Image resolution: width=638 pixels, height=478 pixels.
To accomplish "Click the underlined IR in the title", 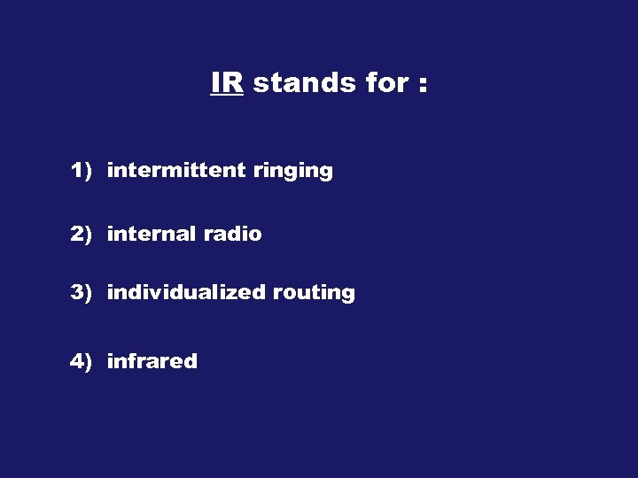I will pyautogui.click(x=227, y=82).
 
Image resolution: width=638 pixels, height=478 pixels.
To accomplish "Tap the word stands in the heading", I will pyautogui.click(x=303, y=82).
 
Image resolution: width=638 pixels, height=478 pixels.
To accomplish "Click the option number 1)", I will pyautogui.click(x=82, y=171).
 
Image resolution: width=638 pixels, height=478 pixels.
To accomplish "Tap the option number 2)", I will pyautogui.click(x=82, y=234).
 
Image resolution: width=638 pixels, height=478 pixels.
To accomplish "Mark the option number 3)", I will pyautogui.click(x=82, y=292).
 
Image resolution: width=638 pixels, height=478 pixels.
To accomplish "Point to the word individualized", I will pyautogui.click(x=185, y=292).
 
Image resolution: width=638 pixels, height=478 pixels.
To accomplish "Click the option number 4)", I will pyautogui.click(x=82, y=361).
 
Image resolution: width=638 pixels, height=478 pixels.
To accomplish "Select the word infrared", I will pyautogui.click(x=152, y=361).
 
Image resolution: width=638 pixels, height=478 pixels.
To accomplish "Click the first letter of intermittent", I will pyautogui.click(x=110, y=171).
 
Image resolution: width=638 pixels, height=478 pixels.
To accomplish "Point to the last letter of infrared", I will pyautogui.click(x=191, y=361).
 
